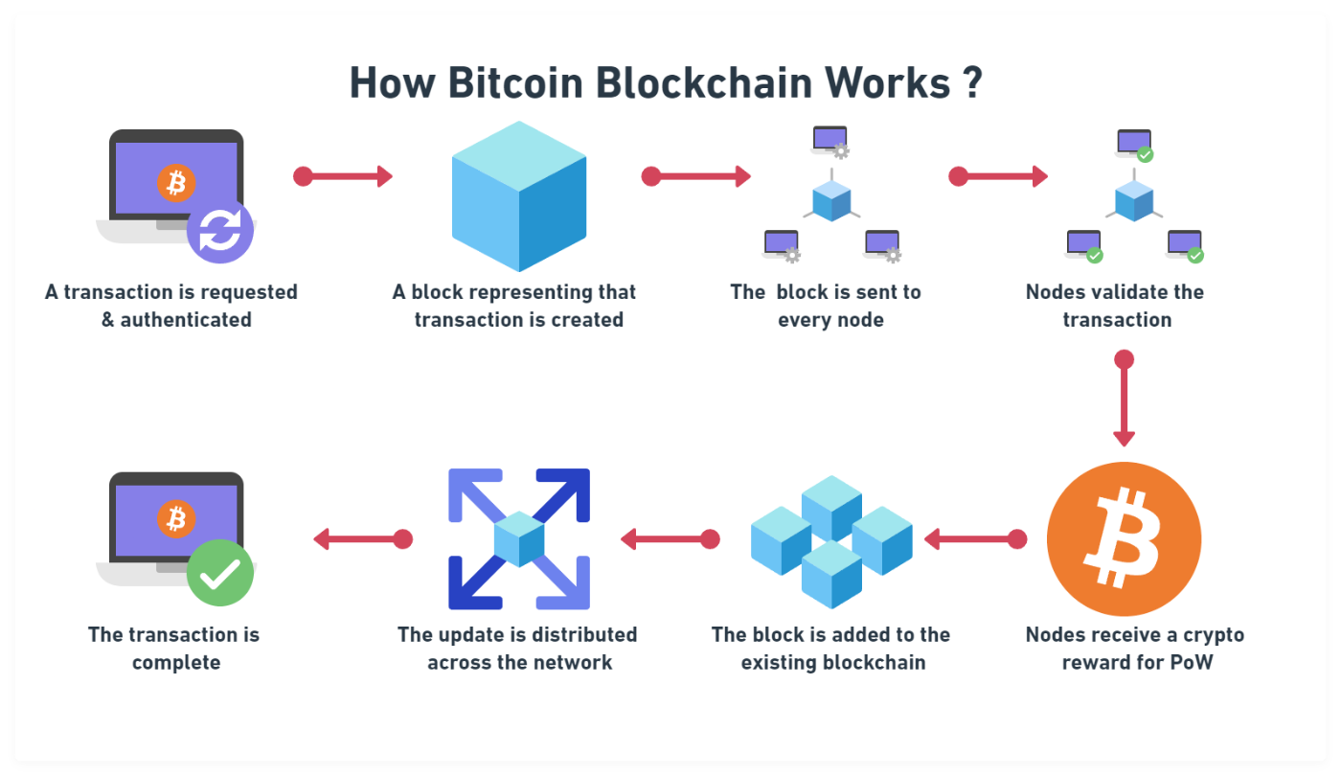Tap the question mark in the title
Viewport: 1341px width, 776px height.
[x=970, y=83]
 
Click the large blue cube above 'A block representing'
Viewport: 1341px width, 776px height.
[x=518, y=195]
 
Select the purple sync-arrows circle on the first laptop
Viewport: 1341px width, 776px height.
[x=220, y=231]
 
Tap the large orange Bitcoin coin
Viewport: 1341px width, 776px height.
[x=1124, y=539]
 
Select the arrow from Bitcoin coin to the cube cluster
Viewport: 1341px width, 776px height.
[x=975, y=539]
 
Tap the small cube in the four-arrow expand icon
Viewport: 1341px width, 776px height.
[x=518, y=538]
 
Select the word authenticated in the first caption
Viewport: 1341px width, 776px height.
[x=185, y=320]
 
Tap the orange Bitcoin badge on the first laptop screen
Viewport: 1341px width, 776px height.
[x=176, y=182]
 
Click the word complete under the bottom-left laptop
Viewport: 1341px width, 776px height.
[x=176, y=662]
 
